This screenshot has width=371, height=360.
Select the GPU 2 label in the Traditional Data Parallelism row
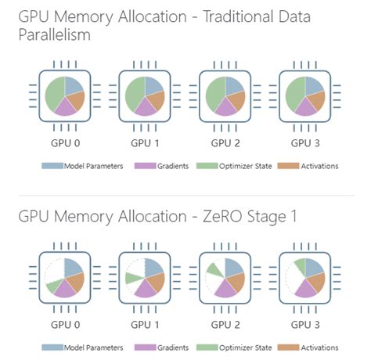coord(225,143)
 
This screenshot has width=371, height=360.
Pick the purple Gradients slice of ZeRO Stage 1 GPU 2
coord(225,289)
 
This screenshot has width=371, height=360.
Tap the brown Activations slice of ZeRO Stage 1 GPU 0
coord(77,281)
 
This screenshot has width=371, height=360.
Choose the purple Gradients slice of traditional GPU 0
coord(66,107)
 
